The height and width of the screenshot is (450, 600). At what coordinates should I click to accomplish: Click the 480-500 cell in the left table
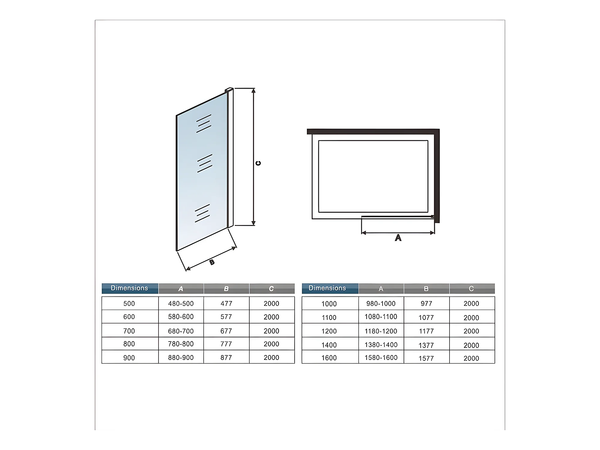pos(181,303)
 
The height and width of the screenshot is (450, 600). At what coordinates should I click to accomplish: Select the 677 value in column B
pos(226,331)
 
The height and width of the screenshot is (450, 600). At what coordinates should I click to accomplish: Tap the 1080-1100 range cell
pos(381,317)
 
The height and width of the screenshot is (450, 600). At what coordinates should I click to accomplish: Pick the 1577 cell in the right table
pos(426,358)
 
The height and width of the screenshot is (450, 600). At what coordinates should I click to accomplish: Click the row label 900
pos(129,357)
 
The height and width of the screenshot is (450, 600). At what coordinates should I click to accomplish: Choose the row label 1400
pos(329,345)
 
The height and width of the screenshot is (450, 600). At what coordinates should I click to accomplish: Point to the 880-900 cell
pos(181,357)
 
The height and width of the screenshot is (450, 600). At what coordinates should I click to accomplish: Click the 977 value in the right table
pos(426,303)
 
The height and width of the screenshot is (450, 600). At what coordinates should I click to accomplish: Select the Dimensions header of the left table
pos(129,288)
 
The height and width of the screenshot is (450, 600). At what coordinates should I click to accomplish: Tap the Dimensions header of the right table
pos(327,288)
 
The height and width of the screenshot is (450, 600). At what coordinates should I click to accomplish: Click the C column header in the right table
pos(471,289)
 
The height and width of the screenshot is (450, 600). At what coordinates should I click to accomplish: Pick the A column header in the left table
pos(181,289)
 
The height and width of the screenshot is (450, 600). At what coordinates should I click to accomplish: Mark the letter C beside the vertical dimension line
pos(258,163)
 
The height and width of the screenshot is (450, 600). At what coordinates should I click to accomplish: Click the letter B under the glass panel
pos(212,262)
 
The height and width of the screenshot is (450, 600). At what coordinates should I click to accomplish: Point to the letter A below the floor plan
pos(398,238)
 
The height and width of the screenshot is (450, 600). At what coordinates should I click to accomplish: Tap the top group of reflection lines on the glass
pos(204,123)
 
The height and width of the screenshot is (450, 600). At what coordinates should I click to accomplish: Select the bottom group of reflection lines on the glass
pos(202,213)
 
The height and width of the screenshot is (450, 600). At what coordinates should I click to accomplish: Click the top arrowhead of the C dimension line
pos(253,90)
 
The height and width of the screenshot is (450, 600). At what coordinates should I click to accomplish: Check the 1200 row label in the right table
pos(329,331)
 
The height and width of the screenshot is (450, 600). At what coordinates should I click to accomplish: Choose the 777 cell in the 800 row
pos(226,344)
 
